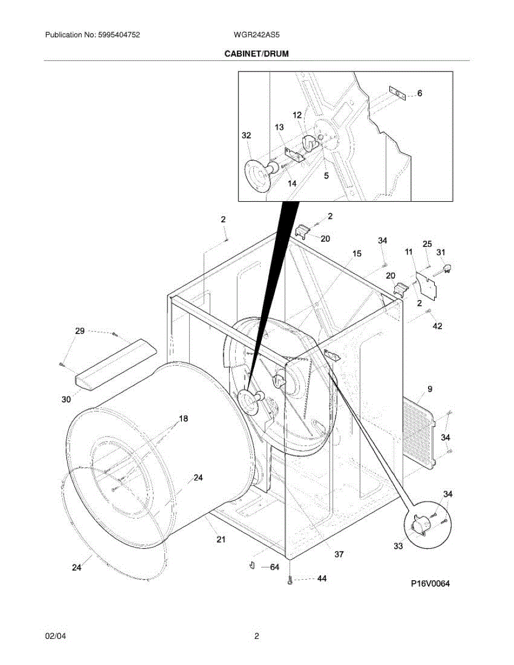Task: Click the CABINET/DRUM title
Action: point(256,54)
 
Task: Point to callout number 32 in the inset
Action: point(247,135)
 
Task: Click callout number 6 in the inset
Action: point(420,94)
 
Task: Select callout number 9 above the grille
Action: point(429,389)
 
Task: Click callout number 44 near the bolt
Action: point(322,578)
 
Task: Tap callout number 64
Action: point(274,567)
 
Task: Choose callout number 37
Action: point(339,554)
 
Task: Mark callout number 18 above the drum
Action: point(182,418)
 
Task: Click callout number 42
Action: point(437,326)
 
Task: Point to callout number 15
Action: point(357,253)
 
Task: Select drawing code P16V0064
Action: point(430,584)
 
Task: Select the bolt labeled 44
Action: point(291,580)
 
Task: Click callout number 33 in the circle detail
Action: point(398,546)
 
